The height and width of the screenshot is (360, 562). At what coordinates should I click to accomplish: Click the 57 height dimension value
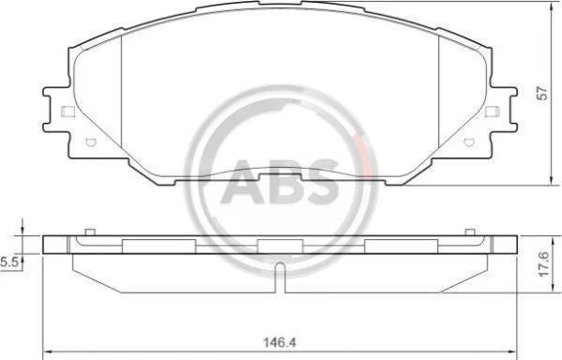544,93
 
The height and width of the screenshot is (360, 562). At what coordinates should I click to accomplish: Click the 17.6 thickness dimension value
544,264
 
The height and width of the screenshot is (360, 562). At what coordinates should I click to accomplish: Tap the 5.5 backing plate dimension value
9,262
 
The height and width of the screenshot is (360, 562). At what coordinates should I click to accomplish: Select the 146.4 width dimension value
280,343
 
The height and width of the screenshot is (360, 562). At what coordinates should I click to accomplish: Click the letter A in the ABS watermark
242,182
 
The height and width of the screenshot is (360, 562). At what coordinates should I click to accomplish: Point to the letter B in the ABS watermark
282,182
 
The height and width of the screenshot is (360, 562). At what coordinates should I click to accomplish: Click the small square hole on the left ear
68,112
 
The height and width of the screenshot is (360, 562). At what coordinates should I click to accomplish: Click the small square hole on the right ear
493,112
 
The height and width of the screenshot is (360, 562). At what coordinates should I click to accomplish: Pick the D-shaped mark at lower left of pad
91,142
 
